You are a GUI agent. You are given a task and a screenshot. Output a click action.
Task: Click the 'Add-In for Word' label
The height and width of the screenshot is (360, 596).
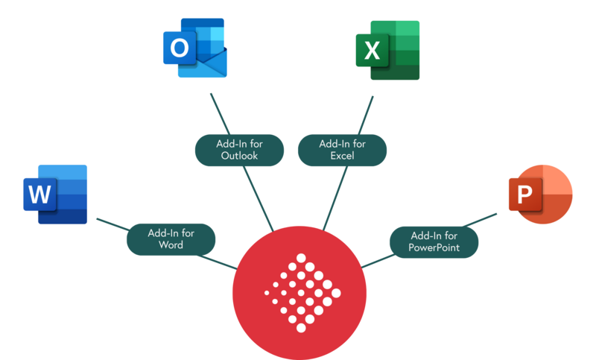[x=171, y=239]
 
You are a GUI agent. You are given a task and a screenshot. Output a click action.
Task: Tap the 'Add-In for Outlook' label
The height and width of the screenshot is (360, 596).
[x=239, y=150]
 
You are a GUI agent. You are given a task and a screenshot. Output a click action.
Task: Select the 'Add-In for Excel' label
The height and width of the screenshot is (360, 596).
[x=342, y=150]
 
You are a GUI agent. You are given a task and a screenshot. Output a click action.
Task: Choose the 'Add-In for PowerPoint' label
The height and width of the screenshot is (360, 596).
[x=434, y=241]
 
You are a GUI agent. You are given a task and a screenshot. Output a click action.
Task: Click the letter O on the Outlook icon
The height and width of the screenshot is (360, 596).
[x=180, y=49]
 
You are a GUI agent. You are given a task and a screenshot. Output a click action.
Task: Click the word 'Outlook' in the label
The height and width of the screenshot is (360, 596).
[x=239, y=157]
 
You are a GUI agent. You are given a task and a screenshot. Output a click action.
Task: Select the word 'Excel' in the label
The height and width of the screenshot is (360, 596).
[x=342, y=157]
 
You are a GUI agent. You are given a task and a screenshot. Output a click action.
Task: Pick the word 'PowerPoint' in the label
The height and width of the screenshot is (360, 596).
[x=434, y=247]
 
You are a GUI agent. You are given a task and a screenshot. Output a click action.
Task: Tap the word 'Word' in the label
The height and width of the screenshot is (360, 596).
[x=171, y=245]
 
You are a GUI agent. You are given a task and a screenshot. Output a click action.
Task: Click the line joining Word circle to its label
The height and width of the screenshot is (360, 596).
[x=113, y=223]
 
